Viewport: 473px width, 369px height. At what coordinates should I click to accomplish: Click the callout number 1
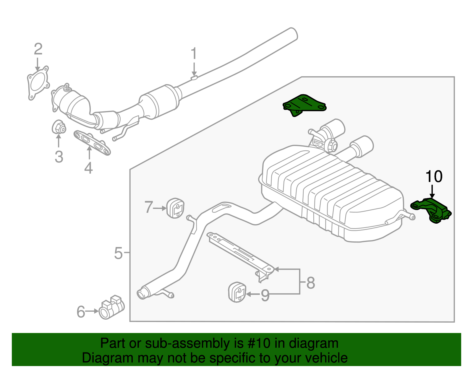194,54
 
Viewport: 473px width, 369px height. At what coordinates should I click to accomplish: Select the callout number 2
38,49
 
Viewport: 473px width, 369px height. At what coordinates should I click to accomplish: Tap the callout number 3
59,157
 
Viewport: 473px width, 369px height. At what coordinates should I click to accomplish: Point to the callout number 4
88,168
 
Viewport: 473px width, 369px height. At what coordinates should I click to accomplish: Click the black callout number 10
434,177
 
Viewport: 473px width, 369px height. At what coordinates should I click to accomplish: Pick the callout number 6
81,312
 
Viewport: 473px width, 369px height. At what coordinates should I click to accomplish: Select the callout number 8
311,283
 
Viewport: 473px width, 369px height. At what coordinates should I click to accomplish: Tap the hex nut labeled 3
59,128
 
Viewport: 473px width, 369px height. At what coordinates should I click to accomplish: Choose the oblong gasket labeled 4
92,143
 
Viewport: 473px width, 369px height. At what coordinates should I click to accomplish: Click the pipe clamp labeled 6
111,308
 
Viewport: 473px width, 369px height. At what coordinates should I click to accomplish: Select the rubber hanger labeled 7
175,208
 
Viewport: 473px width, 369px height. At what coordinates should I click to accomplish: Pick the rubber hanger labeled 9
237,292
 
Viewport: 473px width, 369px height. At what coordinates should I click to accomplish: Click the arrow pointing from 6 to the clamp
92,311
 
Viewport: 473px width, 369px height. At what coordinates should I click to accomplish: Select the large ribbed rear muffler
331,192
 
